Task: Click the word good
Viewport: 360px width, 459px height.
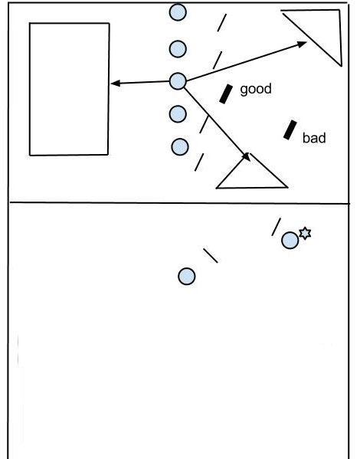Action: pyautogui.click(x=256, y=90)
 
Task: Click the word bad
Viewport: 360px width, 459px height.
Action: pyautogui.click(x=314, y=138)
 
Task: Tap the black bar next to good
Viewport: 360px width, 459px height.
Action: pyautogui.click(x=226, y=94)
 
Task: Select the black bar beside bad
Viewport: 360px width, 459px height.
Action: pyautogui.click(x=290, y=130)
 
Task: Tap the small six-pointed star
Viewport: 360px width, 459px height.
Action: pyautogui.click(x=305, y=233)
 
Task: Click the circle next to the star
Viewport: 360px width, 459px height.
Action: pyautogui.click(x=290, y=241)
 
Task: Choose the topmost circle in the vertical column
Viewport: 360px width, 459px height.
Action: pyautogui.click(x=178, y=12)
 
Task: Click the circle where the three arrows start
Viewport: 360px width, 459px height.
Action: pyautogui.click(x=178, y=81)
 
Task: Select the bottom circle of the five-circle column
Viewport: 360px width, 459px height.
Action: pyautogui.click(x=180, y=146)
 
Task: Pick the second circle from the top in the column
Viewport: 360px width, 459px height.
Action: pyautogui.click(x=178, y=49)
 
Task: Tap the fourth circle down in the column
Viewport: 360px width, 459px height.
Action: pyautogui.click(x=178, y=113)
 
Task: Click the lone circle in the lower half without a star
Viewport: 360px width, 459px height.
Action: pyautogui.click(x=187, y=277)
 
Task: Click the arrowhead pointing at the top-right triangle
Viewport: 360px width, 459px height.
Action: pyautogui.click(x=302, y=44)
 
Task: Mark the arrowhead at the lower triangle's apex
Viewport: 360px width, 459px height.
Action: pyautogui.click(x=247, y=156)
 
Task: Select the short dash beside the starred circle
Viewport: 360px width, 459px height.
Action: pyautogui.click(x=276, y=227)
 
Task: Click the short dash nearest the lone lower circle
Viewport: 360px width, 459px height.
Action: pyautogui.click(x=211, y=255)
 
